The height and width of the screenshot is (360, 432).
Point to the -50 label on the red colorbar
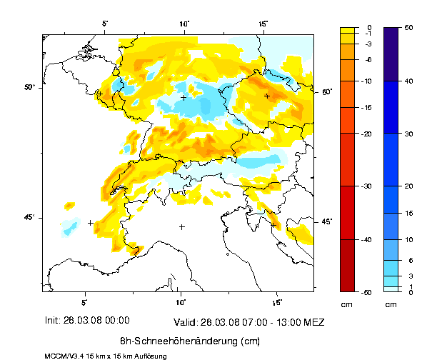pyautogui.click(x=366, y=291)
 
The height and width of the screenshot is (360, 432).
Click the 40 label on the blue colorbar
pyautogui.click(x=408, y=81)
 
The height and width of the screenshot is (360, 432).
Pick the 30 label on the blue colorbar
pyautogui.click(x=408, y=134)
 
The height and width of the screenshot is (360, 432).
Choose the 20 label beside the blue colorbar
pyautogui.click(x=408, y=186)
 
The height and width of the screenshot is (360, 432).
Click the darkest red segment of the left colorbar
pyautogui.click(x=347, y=265)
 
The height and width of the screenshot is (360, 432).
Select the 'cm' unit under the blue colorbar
pyautogui.click(x=391, y=304)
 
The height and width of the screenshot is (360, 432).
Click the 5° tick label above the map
pyautogui.click(x=104, y=24)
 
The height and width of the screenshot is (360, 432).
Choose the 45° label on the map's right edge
pyautogui.click(x=326, y=221)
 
